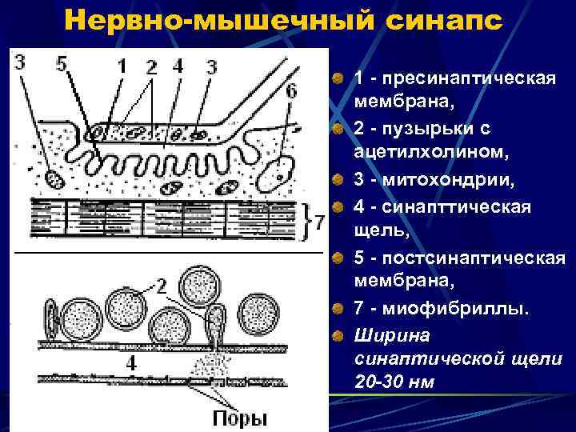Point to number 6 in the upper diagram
[291, 91]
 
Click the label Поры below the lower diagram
[239, 418]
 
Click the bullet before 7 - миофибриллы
[339, 309]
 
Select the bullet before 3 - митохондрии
[339, 179]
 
